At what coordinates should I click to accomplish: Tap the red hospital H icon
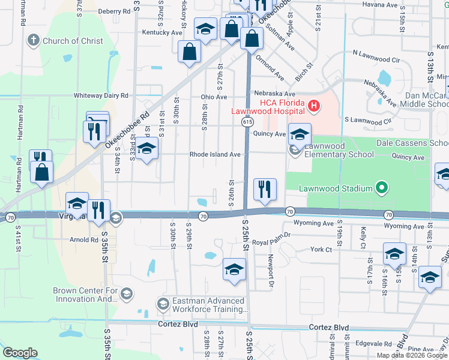tap(313, 107)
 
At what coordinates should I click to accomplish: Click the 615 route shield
tap(247, 122)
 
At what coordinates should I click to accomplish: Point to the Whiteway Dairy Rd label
tap(101, 95)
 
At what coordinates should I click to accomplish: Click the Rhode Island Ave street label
tap(215, 154)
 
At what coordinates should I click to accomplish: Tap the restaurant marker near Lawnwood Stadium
tap(264, 190)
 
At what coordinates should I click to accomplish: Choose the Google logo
tap(20, 353)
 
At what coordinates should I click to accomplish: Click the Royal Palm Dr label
tap(271, 235)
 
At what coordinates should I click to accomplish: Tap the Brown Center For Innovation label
tap(82, 294)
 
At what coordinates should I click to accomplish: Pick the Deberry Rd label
tap(114, 11)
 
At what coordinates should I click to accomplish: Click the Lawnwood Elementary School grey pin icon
tap(294, 149)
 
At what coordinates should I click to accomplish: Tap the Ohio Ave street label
tap(214, 97)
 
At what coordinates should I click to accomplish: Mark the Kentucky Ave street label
tap(162, 32)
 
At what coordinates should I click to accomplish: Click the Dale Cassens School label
tap(412, 143)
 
